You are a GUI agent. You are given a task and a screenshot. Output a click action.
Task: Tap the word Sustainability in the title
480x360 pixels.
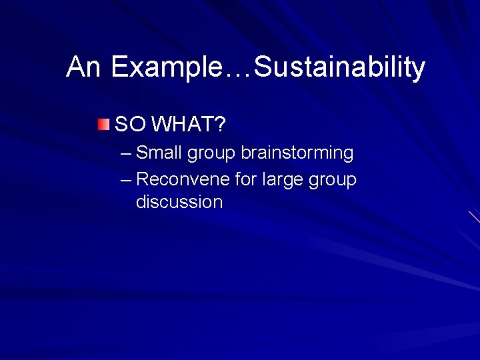click(340, 67)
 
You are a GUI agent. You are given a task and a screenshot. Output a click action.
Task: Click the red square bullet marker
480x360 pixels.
click(102, 124)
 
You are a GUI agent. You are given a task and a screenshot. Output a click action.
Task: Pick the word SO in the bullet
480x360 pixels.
click(130, 124)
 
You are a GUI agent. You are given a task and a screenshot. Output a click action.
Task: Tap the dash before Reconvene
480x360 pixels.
click(127, 181)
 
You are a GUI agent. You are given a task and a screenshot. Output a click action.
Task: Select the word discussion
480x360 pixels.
click(179, 202)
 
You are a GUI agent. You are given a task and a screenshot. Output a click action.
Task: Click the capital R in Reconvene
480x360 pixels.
click(141, 180)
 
